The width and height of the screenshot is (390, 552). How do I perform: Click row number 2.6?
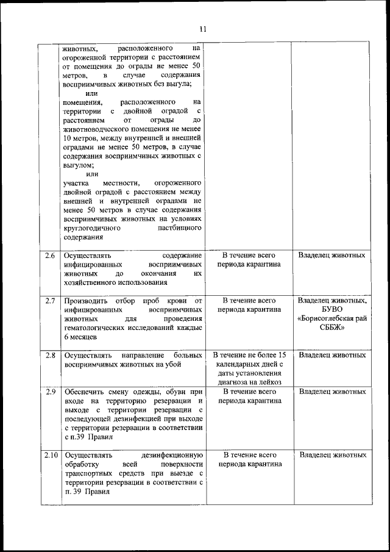(x=51, y=256)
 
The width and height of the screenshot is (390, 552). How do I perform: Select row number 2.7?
(x=51, y=301)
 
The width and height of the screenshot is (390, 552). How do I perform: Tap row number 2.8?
(x=51, y=355)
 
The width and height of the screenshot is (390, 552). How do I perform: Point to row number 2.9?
(x=51, y=392)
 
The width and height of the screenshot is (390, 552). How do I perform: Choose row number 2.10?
(x=51, y=455)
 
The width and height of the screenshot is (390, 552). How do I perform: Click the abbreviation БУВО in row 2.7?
(x=332, y=310)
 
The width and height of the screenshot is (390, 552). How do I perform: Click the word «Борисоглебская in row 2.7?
(x=332, y=319)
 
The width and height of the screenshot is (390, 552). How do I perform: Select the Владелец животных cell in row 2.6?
(x=332, y=256)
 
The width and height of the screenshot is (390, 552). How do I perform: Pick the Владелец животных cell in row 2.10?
(x=332, y=455)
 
